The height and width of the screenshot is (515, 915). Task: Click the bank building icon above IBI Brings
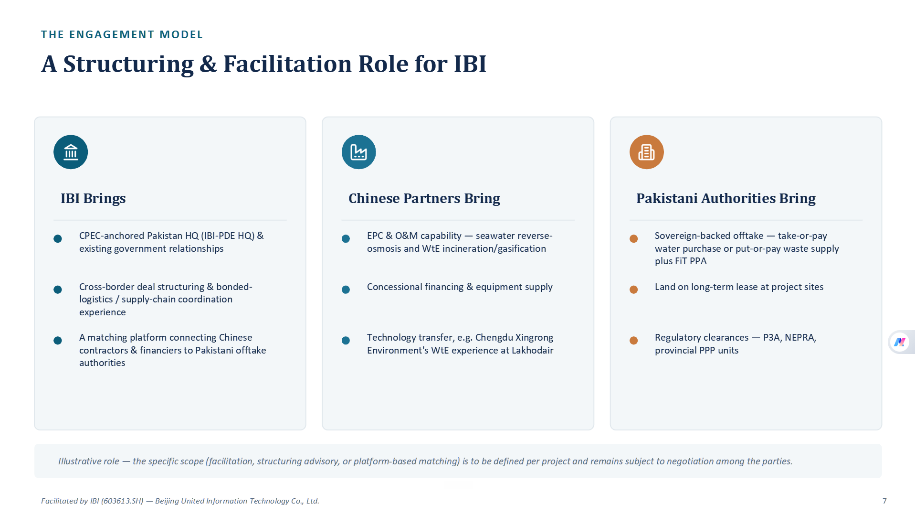point(71,152)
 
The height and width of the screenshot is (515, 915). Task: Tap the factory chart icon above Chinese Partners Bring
point(358,152)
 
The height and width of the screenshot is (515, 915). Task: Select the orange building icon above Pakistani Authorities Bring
point(646,152)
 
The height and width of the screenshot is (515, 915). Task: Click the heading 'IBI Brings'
point(93,198)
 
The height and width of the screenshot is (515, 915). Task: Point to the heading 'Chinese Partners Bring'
point(424,198)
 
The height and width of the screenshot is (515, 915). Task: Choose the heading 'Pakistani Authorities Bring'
point(726,198)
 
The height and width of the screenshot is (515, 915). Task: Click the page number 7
point(884,501)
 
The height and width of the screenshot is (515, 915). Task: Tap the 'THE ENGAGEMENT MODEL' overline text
point(122,34)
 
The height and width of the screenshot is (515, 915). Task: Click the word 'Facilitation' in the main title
point(288,64)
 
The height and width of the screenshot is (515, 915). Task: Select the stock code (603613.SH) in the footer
point(123,501)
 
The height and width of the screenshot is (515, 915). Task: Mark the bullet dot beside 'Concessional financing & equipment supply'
point(346,290)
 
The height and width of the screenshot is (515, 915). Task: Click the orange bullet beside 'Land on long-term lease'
point(634,290)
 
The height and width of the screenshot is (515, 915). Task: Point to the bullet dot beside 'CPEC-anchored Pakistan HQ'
point(58,238)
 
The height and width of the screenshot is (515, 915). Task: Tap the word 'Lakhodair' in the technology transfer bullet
point(532,350)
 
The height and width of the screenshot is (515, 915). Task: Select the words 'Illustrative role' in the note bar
point(88,461)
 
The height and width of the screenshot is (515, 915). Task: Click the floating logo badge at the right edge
point(900,342)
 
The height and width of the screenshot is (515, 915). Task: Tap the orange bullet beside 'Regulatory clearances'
point(634,340)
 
